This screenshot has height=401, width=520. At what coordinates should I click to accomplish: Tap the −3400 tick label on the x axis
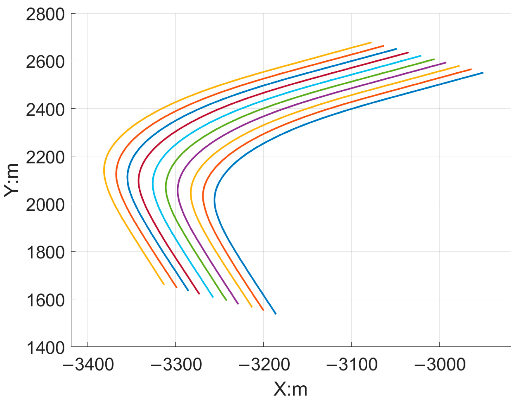click(x=88, y=364)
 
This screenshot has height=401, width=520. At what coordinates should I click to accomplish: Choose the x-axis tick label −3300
click(x=176, y=364)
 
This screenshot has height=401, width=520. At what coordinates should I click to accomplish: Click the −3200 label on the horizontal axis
click(x=264, y=364)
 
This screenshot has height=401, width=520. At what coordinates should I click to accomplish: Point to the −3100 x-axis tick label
click(x=352, y=364)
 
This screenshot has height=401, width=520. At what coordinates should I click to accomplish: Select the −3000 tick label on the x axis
click(x=440, y=364)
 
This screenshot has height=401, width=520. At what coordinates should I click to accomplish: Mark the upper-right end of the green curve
click(x=434, y=59)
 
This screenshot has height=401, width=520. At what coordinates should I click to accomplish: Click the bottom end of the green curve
click(x=226, y=300)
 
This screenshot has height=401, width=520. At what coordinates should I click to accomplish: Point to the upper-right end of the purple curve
click(x=446, y=63)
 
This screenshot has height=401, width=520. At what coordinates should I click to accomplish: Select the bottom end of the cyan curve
click(x=213, y=297)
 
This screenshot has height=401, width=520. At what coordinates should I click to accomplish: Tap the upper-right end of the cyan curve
click(x=421, y=56)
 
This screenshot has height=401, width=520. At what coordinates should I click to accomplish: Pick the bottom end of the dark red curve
click(x=199, y=294)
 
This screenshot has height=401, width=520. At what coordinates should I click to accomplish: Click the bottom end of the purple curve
click(x=238, y=304)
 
